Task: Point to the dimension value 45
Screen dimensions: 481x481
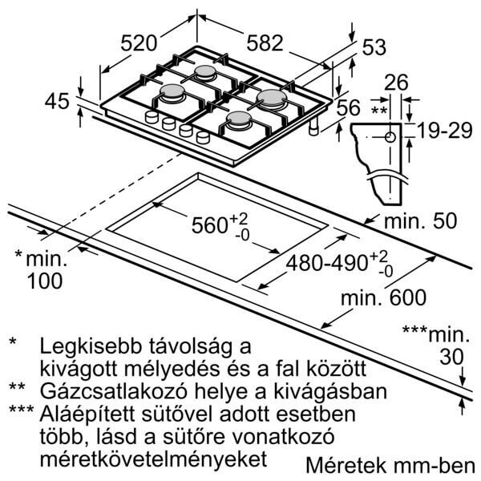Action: click(x=56, y=102)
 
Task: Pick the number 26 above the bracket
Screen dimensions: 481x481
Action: click(x=396, y=81)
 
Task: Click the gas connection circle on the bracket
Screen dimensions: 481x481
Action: click(x=390, y=136)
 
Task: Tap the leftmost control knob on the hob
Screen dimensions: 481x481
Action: click(x=150, y=118)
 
